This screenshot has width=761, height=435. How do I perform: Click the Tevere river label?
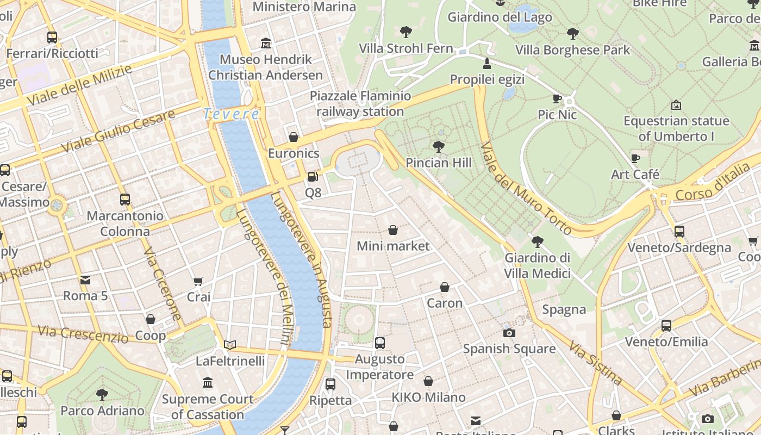pyautogui.click(x=231, y=114)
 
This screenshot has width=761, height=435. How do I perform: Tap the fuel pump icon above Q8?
pyautogui.click(x=313, y=176)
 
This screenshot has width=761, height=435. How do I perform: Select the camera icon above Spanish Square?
pyautogui.click(x=509, y=333)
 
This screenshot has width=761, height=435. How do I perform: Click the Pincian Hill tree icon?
pyautogui.click(x=438, y=146)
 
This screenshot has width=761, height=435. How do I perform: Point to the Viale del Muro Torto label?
pyautogui.click(x=526, y=188)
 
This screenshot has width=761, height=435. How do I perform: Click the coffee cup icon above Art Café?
pyautogui.click(x=635, y=158)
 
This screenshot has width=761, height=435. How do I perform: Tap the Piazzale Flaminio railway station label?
pyautogui.click(x=360, y=104)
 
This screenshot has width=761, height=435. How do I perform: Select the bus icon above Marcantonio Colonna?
pyautogui.click(x=125, y=200)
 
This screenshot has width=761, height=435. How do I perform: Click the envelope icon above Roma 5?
pyautogui.click(x=85, y=280)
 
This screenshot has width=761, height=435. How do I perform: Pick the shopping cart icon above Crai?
pyautogui.click(x=198, y=281)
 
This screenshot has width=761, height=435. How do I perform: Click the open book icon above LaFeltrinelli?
pyautogui.click(x=230, y=345)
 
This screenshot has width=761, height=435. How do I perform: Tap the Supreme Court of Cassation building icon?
pyautogui.click(x=208, y=383)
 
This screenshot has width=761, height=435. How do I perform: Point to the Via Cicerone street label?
pyautogui.click(x=163, y=284)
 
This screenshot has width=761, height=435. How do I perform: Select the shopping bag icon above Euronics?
pyautogui.click(x=294, y=137)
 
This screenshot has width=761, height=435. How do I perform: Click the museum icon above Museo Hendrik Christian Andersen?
pyautogui.click(x=266, y=43)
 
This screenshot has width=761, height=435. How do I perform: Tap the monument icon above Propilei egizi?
pyautogui.click(x=487, y=63)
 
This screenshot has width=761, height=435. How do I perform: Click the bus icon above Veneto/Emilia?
pyautogui.click(x=666, y=326)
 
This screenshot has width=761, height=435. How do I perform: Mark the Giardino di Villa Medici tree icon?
pyautogui.click(x=538, y=241)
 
